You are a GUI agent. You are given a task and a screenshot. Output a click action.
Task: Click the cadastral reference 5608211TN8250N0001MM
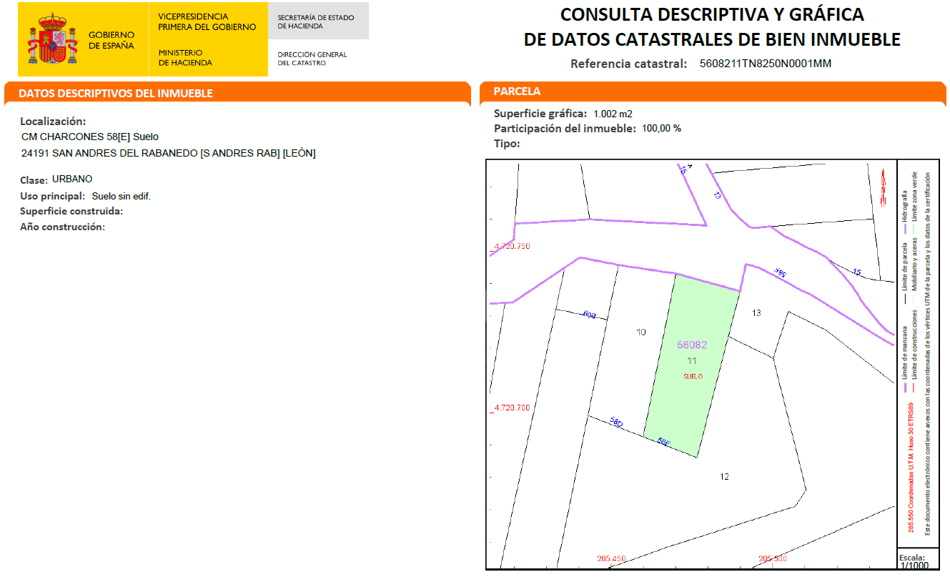[766, 64]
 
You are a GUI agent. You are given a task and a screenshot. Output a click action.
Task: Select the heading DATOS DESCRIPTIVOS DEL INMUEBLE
[116, 94]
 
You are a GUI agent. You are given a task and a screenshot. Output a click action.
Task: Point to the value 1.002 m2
[613, 114]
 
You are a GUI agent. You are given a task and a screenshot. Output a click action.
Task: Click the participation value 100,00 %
[661, 129]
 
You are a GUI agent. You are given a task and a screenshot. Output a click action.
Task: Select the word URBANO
[72, 179]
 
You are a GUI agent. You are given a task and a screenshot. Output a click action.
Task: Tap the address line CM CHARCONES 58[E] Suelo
[90, 137]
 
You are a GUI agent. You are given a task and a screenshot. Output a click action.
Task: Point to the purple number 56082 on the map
[692, 345]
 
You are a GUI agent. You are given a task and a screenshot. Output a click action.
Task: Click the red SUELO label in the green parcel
[693, 376]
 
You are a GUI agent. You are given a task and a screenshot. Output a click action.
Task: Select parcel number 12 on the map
[725, 477]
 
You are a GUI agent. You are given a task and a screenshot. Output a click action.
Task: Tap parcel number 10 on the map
[640, 332]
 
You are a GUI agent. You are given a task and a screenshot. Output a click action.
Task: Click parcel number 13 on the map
[756, 312]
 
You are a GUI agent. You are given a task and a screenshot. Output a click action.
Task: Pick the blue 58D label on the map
[616, 423]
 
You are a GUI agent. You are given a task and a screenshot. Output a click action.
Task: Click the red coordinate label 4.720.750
[513, 247]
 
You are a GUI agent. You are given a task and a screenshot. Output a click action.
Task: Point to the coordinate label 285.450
[611, 558]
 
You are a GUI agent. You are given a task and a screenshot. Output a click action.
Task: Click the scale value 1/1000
[914, 566]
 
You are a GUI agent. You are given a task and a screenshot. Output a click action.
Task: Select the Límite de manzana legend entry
[906, 357]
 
